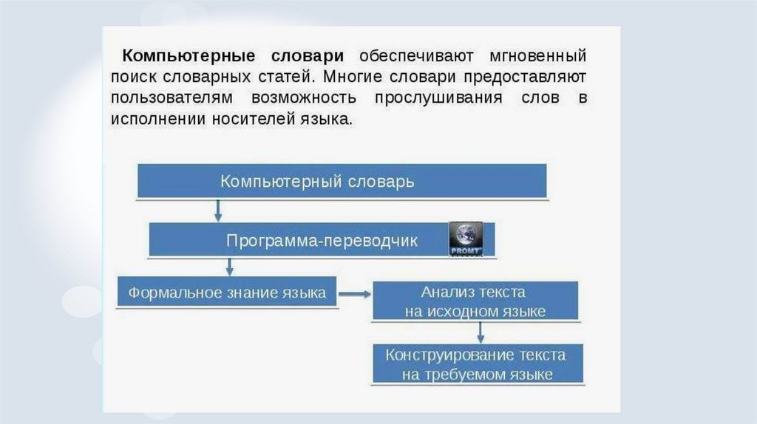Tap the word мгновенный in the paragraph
(538, 56)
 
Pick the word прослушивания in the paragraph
(437, 98)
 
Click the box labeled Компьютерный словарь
(342, 181)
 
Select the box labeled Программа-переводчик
(322, 241)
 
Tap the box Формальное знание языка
(227, 293)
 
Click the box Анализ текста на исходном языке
(475, 301)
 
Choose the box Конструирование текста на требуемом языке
(478, 364)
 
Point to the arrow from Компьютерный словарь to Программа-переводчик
(217, 210)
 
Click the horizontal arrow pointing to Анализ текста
(355, 293)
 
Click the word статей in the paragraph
(290, 77)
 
